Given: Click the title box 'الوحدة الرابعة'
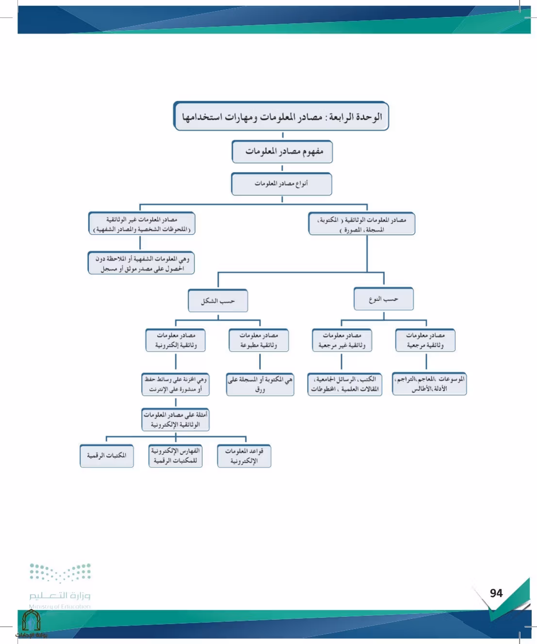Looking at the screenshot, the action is pyautogui.click(x=281, y=116).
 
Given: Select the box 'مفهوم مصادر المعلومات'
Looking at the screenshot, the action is pyautogui.click(x=282, y=151).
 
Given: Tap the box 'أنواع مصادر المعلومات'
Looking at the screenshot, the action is pyautogui.click(x=281, y=184).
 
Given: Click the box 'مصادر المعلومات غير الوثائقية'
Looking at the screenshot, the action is pyautogui.click(x=142, y=223).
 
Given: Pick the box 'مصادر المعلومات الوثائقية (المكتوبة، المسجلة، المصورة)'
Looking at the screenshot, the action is pyautogui.click(x=362, y=224).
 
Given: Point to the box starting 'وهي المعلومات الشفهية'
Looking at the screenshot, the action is pyautogui.click(x=141, y=263).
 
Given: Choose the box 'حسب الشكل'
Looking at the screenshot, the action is pyautogui.click(x=218, y=300).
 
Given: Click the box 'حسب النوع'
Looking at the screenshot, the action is pyautogui.click(x=384, y=299).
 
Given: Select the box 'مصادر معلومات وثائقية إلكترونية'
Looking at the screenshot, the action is pyautogui.click(x=176, y=340).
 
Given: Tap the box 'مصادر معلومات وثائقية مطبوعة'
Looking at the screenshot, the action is pyautogui.click(x=259, y=340).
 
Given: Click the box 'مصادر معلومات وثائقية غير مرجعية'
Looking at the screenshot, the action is pyautogui.click(x=342, y=340).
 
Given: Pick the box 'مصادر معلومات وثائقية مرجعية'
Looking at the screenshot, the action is pyautogui.click(x=425, y=340).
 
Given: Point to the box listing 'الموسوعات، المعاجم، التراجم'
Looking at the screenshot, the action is pyautogui.click(x=429, y=384).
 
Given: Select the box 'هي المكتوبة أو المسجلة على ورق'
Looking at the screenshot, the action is pyautogui.click(x=260, y=385).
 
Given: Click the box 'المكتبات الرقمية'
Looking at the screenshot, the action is pyautogui.click(x=107, y=456).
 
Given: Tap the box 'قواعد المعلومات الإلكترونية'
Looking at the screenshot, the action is pyautogui.click(x=244, y=456).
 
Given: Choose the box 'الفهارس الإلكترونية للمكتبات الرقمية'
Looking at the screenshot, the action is pyautogui.click(x=175, y=456).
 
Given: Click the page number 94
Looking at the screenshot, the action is pyautogui.click(x=496, y=593).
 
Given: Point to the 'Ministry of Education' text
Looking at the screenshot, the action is pyautogui.click(x=60, y=606).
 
